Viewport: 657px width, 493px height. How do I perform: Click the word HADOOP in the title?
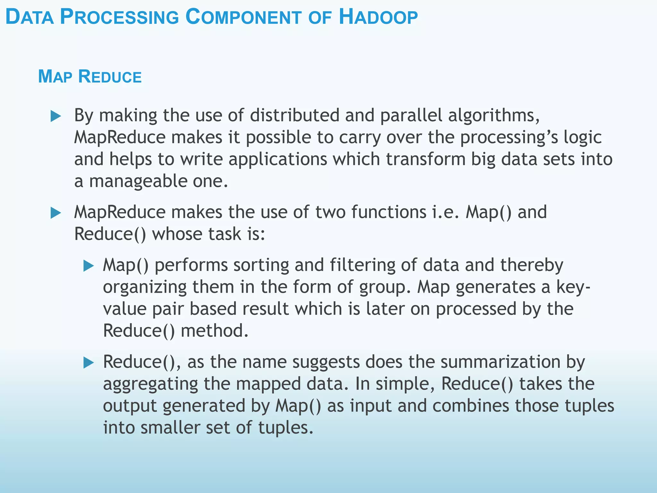click(x=378, y=17)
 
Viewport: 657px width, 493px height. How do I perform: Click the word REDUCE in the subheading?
click(x=110, y=77)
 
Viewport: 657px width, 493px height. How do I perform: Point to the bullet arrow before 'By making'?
click(x=56, y=116)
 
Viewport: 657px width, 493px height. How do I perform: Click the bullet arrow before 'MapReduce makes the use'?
click(x=56, y=213)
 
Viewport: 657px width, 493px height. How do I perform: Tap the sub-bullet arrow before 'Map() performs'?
click(x=88, y=266)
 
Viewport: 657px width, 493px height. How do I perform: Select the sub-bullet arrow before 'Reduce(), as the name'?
click(x=88, y=363)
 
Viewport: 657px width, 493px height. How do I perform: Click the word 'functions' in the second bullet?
click(x=388, y=212)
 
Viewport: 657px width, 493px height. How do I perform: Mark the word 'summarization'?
click(x=500, y=362)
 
